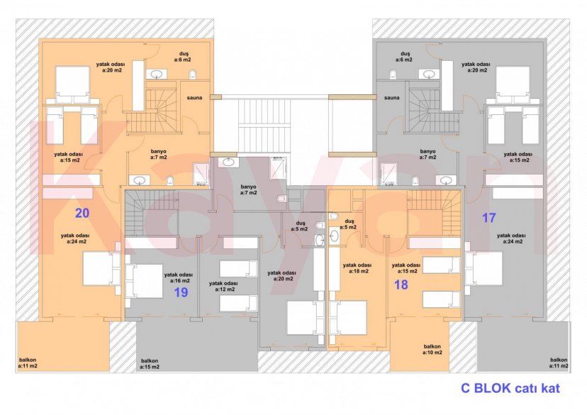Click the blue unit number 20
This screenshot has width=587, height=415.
coord(82,212)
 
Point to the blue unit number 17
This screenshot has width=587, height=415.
coord(489,218)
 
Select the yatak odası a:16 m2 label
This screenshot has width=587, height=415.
coord(178,277)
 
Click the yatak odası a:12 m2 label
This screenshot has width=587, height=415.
coord(223,286)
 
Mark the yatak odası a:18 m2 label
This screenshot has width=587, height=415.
coord(357,268)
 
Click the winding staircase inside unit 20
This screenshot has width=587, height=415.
coord(162,106)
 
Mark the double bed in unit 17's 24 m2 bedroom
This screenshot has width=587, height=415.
coord(483,270)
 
